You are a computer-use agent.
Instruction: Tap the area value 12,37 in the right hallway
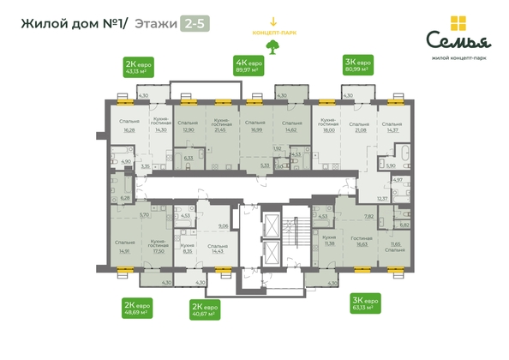click(x=382, y=198)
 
